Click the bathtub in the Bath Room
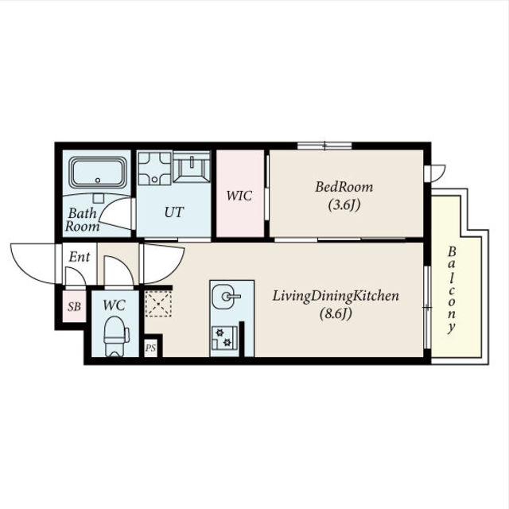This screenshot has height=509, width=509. tap(98, 173)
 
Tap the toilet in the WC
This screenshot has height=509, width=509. tap(116, 336)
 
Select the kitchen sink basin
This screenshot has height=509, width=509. tap(223, 297)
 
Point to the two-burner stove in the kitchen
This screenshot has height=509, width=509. tap(224, 337)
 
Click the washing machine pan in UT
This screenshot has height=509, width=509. tap(155, 168)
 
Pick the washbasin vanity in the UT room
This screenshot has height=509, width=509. tap(192, 167)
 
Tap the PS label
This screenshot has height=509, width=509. tap(150, 348)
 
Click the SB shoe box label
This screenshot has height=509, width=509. tap(74, 306)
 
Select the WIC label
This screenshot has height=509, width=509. tap(239, 196)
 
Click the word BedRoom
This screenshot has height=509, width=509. tap(344, 188)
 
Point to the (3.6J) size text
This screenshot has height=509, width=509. tap(344, 205)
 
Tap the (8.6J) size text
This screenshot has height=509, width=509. tap(336, 313)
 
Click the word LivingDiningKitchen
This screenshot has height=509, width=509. tap(336, 297)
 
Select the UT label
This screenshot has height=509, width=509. tap(174, 212)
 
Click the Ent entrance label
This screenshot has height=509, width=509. tap(80, 257)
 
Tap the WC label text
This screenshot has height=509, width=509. tap(115, 305)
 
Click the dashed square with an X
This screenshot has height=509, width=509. tap(158, 304)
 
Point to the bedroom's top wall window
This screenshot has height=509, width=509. tap(324, 146)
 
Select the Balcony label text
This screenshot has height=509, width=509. tap(452, 290)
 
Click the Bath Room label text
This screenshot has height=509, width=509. tap(83, 220)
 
